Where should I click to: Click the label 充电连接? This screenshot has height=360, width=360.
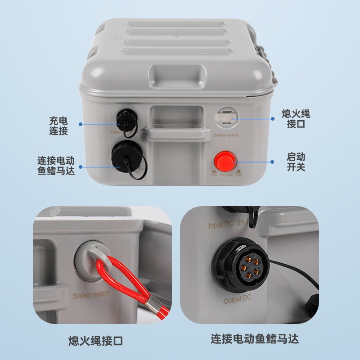[x=58, y=126]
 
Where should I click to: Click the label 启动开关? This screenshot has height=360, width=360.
[x=296, y=162]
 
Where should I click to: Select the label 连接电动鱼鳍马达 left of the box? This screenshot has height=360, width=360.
[x=56, y=165]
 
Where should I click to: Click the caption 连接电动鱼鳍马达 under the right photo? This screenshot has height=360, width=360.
[x=255, y=338]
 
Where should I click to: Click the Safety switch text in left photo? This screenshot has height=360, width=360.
[x=91, y=295]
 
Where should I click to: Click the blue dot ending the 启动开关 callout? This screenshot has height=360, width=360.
[x=272, y=162]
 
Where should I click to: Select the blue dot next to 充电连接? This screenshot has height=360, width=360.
[x=81, y=124]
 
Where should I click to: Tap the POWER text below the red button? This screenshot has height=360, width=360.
[x=226, y=175]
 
